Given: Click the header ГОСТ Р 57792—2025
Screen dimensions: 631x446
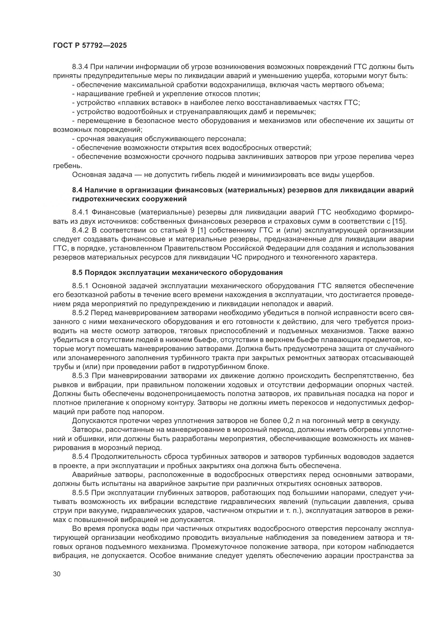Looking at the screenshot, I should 90,46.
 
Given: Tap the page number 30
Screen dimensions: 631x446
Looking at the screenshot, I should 57,574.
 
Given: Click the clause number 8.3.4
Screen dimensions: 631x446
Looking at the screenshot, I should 80,67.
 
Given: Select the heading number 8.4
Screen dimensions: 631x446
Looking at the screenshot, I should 78,190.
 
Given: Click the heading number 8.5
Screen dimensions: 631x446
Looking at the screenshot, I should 78,272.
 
